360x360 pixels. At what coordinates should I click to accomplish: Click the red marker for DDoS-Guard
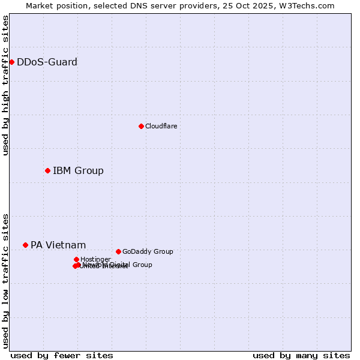point(11,62)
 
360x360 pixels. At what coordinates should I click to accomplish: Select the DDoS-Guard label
point(47,62)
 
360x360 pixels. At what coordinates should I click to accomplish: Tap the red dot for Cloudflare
point(141,126)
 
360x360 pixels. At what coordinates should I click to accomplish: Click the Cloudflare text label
point(161,126)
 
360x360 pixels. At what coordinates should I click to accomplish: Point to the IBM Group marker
point(47,170)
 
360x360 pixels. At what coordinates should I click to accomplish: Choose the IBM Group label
point(78,171)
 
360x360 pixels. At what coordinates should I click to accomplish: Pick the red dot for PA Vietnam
point(25,245)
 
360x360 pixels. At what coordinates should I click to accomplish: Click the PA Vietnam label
point(58,245)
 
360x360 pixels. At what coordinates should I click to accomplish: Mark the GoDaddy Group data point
point(118,251)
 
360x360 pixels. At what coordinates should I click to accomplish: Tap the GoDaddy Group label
point(148,251)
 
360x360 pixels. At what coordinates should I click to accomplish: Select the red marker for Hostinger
point(76,259)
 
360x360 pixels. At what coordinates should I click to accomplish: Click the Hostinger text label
point(95,259)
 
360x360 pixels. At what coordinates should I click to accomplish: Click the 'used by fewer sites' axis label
point(62,355)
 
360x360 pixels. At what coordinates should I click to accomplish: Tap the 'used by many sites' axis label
point(301,355)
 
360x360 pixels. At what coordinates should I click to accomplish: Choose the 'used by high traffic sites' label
point(5,85)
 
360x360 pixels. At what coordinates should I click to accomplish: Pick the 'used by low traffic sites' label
point(5,280)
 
